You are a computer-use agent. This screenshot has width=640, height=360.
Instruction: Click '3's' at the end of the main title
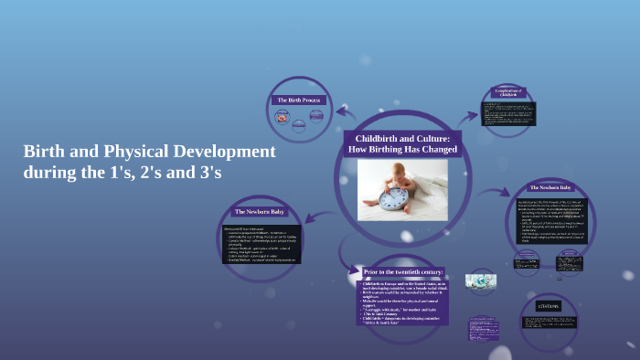coord(206,172)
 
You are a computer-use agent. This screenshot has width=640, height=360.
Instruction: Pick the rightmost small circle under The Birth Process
coord(316,116)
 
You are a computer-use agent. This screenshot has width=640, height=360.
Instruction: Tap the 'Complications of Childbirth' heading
coord(509,92)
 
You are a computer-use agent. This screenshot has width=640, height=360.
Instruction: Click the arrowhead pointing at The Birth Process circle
coord(341,111)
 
